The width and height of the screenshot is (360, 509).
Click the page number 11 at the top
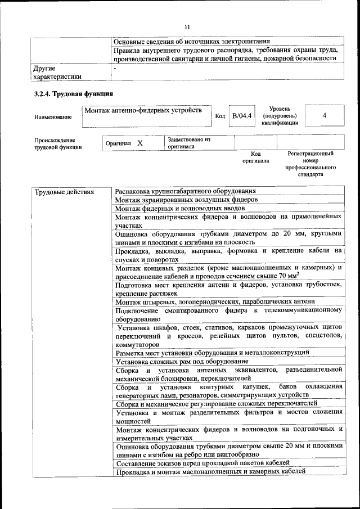[x=187, y=26]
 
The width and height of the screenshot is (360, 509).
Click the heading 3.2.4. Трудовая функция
[x=74, y=93]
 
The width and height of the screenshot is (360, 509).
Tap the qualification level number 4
[x=324, y=115]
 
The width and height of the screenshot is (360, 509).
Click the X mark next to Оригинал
[x=139, y=143]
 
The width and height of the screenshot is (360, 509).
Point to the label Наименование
[x=53, y=117]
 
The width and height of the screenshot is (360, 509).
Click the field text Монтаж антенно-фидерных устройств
[x=143, y=110]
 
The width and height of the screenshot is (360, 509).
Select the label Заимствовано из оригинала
[x=188, y=142]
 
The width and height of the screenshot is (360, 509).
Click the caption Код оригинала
[x=255, y=157]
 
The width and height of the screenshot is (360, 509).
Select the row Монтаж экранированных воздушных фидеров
[x=186, y=200]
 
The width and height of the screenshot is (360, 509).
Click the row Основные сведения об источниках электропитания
[x=192, y=41]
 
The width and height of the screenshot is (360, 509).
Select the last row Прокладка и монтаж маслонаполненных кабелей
[x=210, y=471]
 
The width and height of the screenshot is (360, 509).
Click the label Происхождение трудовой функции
[x=55, y=143]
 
